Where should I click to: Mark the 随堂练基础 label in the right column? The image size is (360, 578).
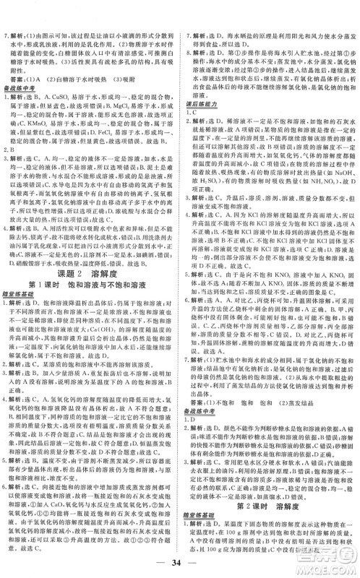pyautogui.click(x=203, y=486)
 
